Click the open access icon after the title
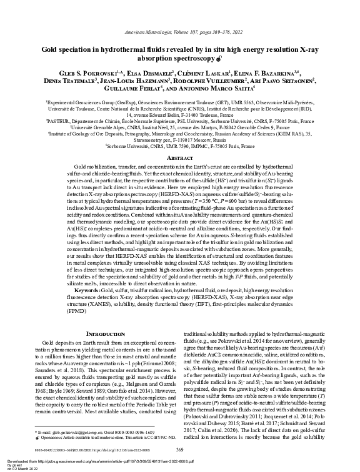(x=224, y=59)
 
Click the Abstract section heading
(x=179, y=158)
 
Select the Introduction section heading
(x=101, y=335)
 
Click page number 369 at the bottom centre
(x=180, y=450)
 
